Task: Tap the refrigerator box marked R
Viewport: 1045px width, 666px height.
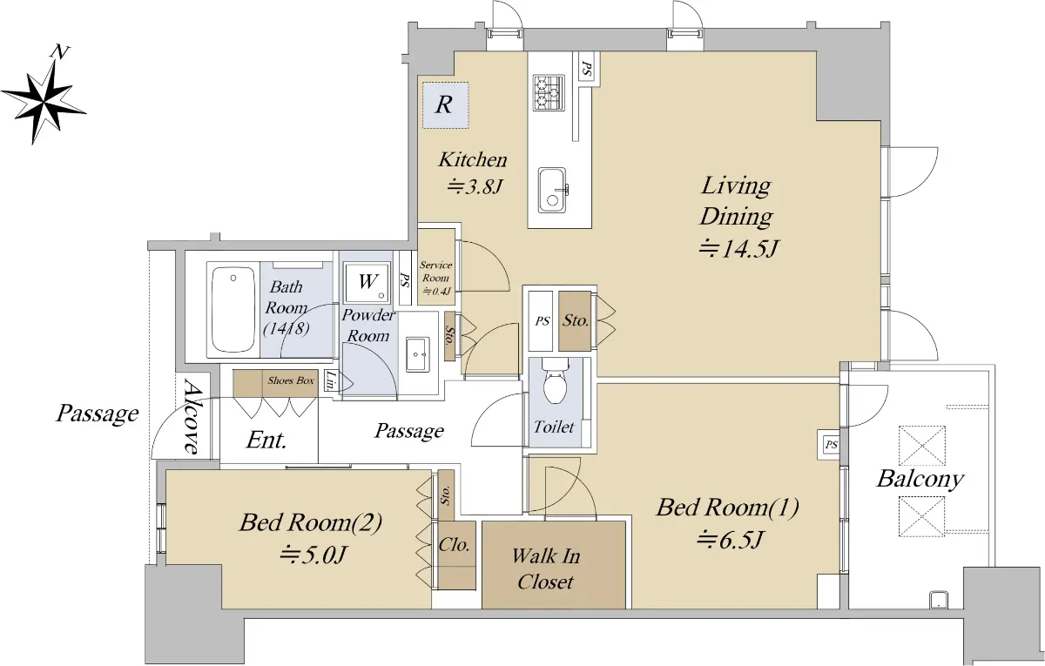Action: click(446, 105)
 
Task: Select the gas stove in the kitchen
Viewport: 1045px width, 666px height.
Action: click(549, 93)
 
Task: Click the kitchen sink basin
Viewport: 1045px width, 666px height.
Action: click(552, 190)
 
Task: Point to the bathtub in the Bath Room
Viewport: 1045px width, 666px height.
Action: click(233, 310)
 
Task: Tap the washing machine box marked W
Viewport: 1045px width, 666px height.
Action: click(367, 282)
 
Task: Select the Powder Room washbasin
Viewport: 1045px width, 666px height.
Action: click(417, 354)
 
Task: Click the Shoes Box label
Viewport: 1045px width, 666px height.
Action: click(291, 380)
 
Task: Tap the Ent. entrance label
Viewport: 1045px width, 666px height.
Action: click(266, 440)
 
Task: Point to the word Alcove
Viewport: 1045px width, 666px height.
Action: click(192, 416)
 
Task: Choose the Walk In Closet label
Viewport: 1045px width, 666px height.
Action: click(546, 568)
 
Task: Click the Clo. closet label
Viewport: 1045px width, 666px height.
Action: click(454, 545)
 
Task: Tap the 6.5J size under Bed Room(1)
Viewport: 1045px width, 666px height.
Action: click(731, 541)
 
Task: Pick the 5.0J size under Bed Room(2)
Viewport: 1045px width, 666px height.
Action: click(313, 555)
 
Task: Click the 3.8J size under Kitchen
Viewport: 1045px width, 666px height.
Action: click(474, 187)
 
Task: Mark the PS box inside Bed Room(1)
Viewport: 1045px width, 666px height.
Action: click(831, 445)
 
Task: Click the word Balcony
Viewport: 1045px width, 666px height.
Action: click(920, 480)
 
